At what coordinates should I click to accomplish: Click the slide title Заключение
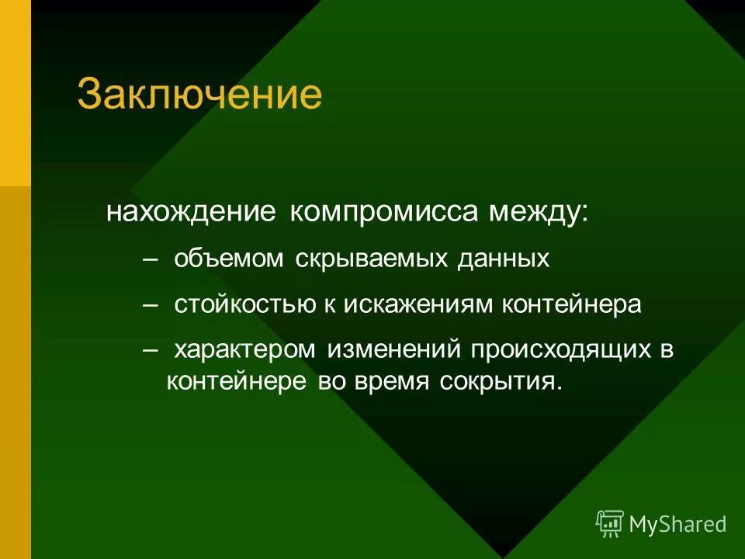pyautogui.click(x=199, y=95)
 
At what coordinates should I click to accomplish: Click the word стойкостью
pyautogui.click(x=244, y=304)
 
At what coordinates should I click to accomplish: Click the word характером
pyautogui.click(x=244, y=350)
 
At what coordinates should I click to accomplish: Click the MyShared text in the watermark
pyautogui.click(x=677, y=524)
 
